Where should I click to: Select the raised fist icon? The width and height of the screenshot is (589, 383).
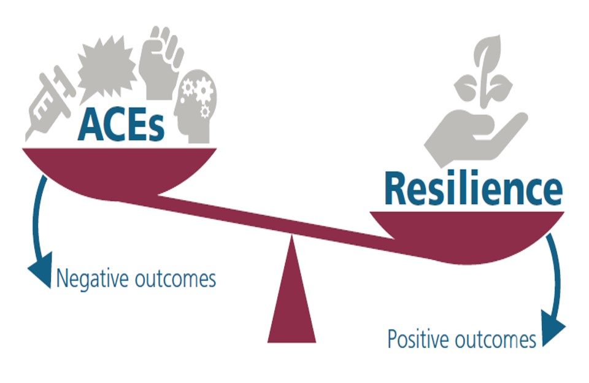coord(161,58)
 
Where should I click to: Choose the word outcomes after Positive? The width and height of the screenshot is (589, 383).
coord(499,339)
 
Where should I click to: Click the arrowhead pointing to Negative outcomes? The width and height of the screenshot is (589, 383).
coord(40,273)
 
